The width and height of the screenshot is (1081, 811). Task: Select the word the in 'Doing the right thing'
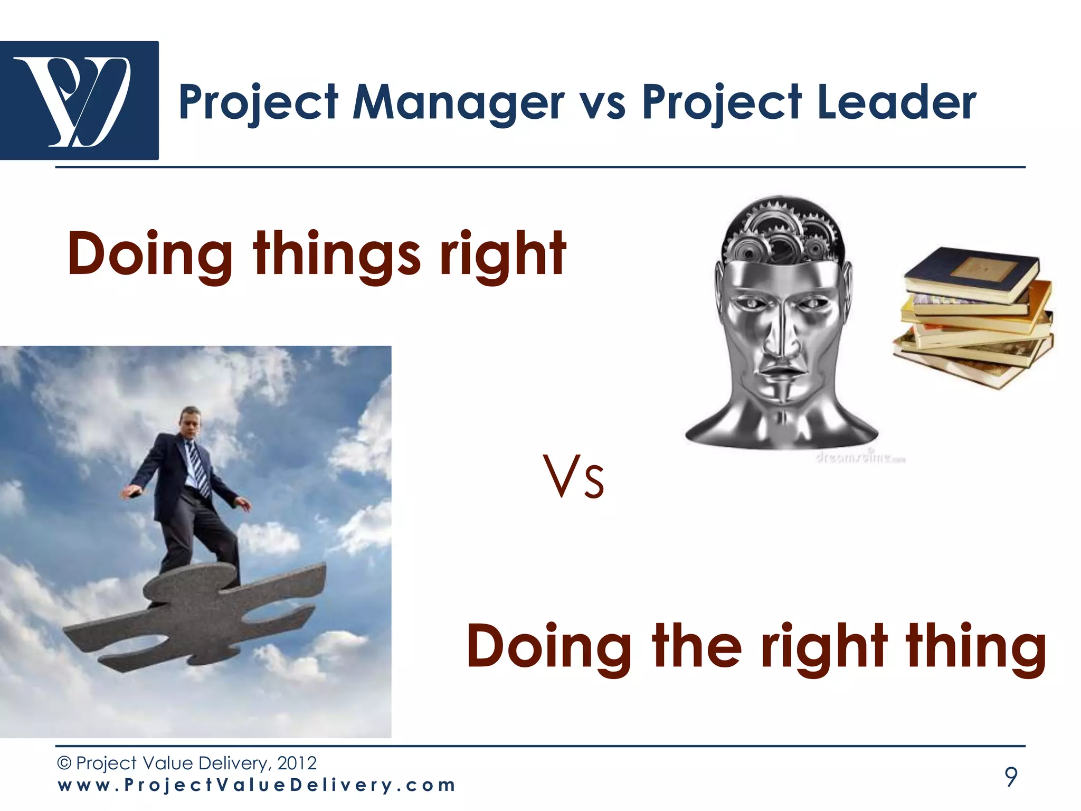(x=697, y=646)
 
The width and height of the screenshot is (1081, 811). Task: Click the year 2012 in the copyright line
(x=297, y=763)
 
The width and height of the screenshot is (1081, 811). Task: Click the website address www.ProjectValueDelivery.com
(x=257, y=785)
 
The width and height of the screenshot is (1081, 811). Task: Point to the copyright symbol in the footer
(x=64, y=763)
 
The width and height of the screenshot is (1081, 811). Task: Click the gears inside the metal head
(x=781, y=232)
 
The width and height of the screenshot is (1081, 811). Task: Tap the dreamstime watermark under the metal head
(x=860, y=458)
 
